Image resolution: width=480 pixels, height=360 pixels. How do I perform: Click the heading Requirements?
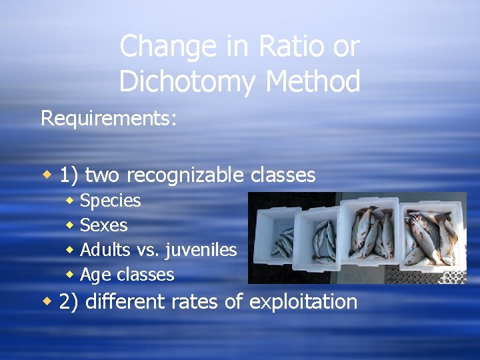[109, 118]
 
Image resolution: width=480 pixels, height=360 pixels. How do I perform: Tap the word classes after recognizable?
[283, 175]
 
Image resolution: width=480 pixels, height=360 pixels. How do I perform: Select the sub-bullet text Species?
[111, 201]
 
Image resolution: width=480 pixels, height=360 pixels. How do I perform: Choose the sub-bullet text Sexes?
[103, 225]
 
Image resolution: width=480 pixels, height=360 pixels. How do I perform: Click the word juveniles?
[202, 250]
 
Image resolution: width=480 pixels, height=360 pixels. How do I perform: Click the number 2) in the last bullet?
[69, 301]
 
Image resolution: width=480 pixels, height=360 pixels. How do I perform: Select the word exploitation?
[303, 301]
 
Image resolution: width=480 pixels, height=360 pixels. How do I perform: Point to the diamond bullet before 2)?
[47, 301]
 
